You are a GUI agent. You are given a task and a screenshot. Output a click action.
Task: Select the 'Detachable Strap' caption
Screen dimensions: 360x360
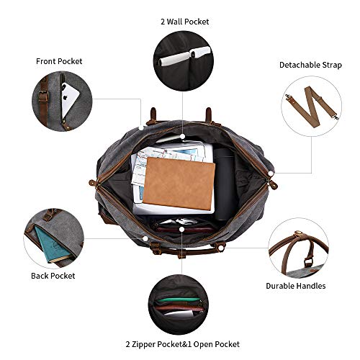pos(310,65)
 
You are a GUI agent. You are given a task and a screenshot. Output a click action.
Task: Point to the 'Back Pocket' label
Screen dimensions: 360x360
pos(53,275)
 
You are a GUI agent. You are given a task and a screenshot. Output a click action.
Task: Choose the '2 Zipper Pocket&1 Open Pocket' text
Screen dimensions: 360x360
pos(181,344)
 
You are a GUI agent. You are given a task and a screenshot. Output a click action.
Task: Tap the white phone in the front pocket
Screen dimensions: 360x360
pos(68,99)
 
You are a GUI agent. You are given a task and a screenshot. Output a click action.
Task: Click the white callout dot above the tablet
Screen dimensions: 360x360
pos(183,135)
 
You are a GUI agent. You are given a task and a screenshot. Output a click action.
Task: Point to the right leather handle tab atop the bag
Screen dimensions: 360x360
pos(208,116)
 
